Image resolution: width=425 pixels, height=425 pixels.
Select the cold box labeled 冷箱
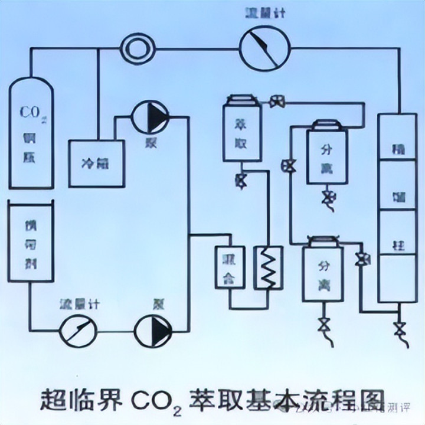96,164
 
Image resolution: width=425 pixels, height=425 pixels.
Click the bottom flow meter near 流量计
79,329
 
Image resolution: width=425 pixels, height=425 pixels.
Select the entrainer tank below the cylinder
29,242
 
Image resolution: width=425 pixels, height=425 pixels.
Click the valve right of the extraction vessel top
275,101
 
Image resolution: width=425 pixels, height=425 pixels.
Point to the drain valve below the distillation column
400,327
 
